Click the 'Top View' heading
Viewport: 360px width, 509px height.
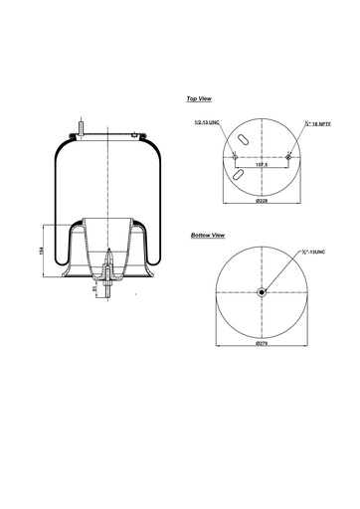[x=198, y=99]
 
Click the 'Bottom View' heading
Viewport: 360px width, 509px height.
[x=207, y=236]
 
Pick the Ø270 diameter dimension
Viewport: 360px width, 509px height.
[x=262, y=343]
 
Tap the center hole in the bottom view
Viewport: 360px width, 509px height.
[x=261, y=291]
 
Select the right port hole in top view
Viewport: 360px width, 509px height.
[x=287, y=156]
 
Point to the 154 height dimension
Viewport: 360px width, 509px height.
[x=40, y=251]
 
